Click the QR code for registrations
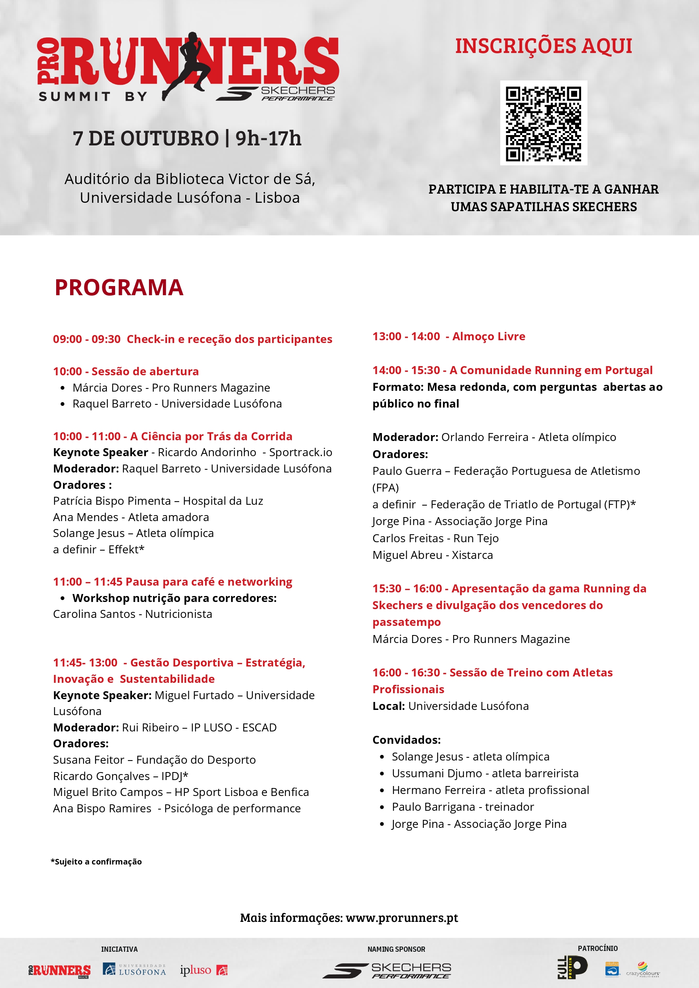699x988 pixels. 543,123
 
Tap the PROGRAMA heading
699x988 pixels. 119,288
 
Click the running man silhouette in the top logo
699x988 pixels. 189,65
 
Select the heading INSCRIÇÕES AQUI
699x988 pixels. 543,46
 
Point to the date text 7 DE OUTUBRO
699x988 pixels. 146,139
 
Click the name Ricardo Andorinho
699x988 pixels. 207,453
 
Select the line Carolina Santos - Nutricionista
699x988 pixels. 133,614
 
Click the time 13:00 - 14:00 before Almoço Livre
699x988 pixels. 406,336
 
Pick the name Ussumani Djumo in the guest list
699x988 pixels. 437,773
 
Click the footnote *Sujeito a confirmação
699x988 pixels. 96,861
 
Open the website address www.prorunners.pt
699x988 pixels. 401,917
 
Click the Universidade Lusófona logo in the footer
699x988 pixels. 134,970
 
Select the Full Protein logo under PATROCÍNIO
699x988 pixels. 572,967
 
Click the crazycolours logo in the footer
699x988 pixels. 642,970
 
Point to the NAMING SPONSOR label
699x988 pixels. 396,949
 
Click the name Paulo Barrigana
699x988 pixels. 432,807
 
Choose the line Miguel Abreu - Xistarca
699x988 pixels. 433,555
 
